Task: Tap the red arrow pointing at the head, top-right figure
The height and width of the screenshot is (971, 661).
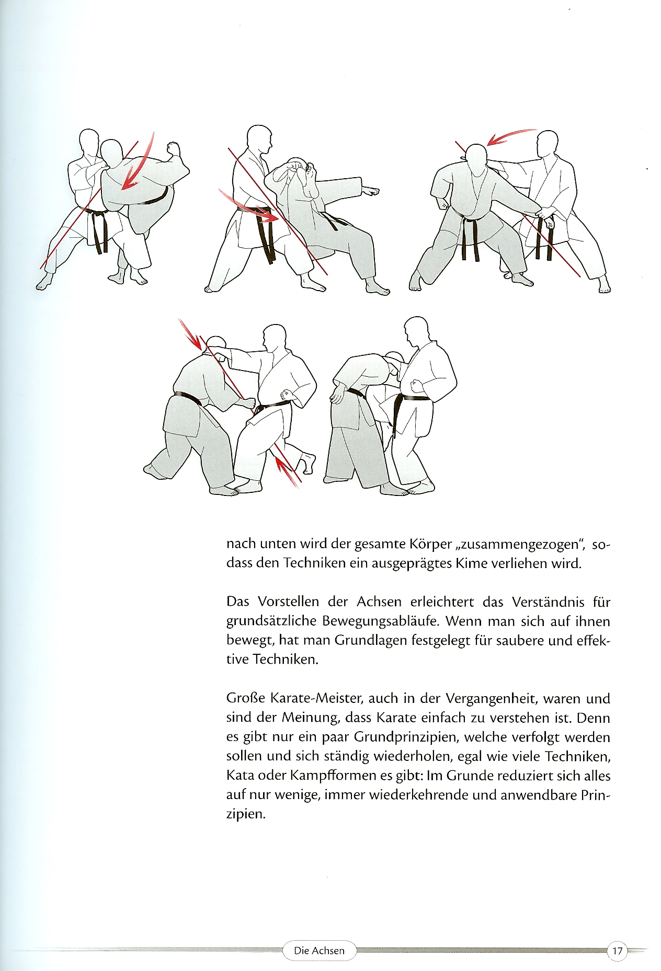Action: click(509, 136)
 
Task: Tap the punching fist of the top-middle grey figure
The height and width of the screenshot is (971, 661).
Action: click(372, 191)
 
